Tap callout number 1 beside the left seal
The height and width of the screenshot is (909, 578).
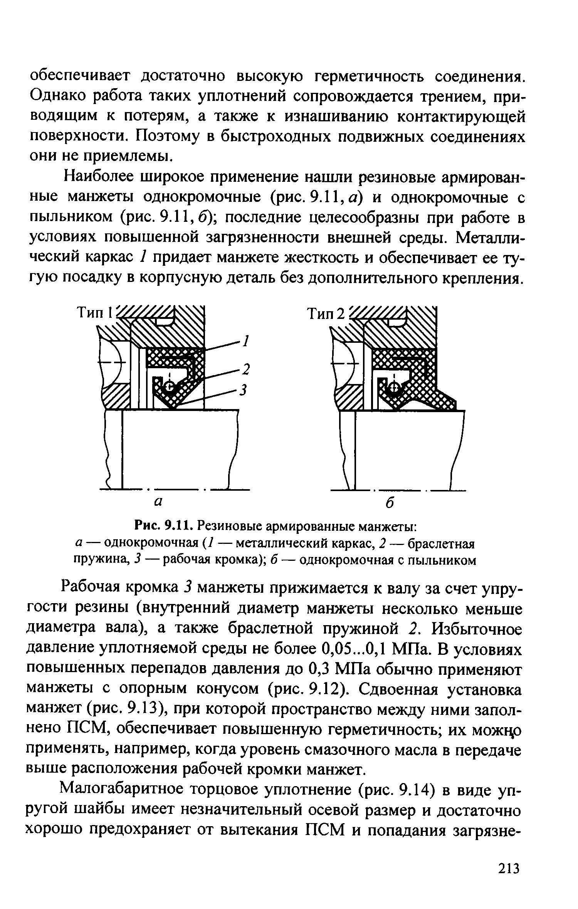point(245,341)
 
